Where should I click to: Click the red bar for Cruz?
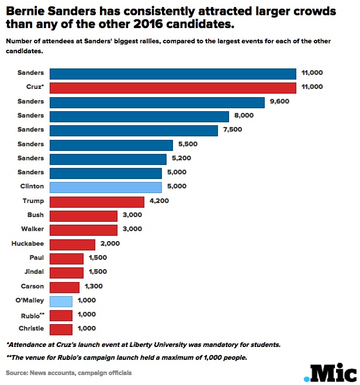pos(173,88)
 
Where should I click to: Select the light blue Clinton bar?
pos(105,187)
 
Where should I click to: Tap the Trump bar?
pos(96,202)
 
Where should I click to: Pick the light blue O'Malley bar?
pos(61,301)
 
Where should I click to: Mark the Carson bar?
pos(64,287)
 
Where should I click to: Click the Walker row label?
pos(32,229)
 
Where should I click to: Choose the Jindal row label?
pos(33,272)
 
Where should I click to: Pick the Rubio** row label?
pos(32,315)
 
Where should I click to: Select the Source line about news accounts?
pos(69,373)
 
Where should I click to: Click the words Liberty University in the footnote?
pos(165,344)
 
